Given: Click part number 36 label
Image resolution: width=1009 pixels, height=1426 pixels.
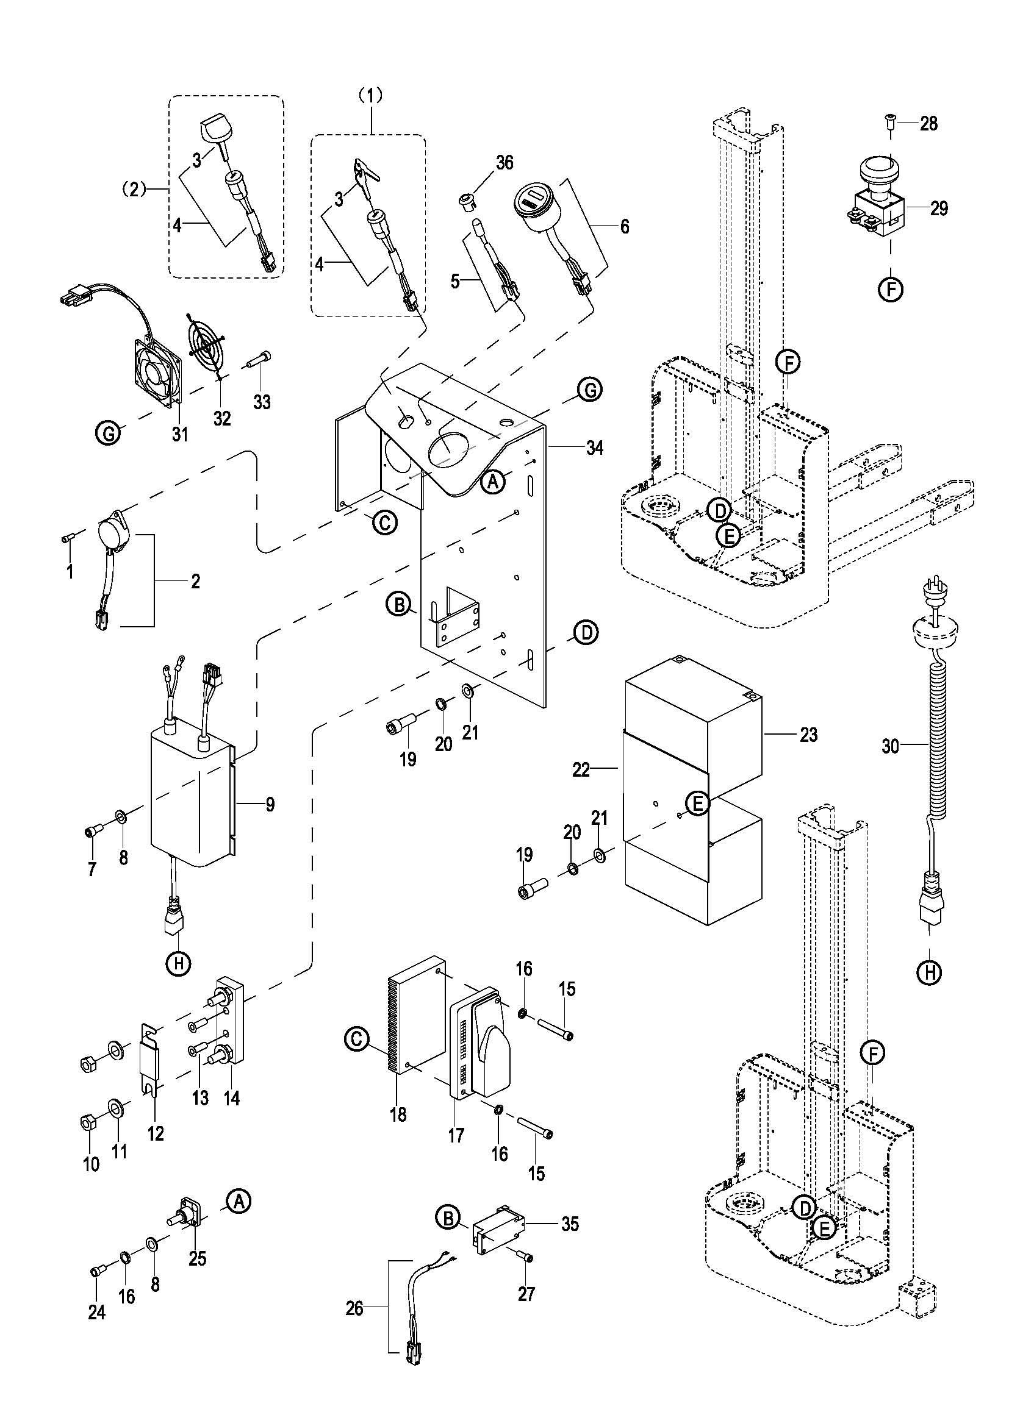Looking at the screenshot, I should tap(504, 163).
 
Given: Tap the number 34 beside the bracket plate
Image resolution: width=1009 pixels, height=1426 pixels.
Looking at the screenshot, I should tap(595, 447).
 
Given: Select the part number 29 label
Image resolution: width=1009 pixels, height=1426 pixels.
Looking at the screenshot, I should tap(939, 208).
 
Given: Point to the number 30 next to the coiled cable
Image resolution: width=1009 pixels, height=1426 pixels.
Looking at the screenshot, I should tap(890, 746).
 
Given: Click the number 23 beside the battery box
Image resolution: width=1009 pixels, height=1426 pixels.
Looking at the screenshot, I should tap(808, 735).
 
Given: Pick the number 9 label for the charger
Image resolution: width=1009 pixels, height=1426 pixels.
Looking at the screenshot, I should tap(270, 805).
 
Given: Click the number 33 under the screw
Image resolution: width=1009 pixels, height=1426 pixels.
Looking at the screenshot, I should tap(262, 402).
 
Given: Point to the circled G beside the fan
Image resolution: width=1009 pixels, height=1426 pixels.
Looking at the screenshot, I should tap(109, 433).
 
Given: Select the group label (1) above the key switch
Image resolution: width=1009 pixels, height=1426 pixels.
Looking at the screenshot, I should tap(371, 95).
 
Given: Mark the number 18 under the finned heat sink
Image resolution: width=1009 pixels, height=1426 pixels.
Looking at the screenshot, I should tap(398, 1114).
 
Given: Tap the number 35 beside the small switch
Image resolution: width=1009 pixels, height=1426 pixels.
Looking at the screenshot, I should tap(570, 1224).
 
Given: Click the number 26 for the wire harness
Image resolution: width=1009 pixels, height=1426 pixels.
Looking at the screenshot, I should tap(354, 1308).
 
